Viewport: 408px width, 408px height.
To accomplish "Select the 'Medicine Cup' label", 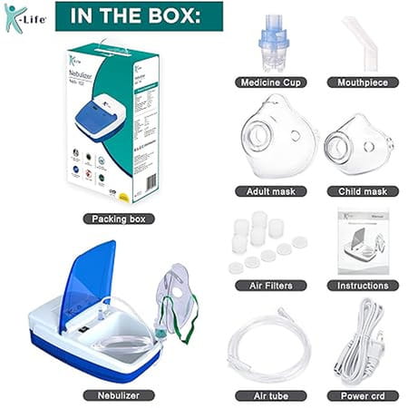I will click(269, 82).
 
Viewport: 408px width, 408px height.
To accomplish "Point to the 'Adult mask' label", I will click(269, 191).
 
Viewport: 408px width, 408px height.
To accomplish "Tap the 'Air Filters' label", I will click(269, 286).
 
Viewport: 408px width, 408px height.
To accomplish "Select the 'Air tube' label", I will click(269, 396).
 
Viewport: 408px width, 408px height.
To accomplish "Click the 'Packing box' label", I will click(118, 219).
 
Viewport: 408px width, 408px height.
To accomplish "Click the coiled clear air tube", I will click(269, 349).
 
